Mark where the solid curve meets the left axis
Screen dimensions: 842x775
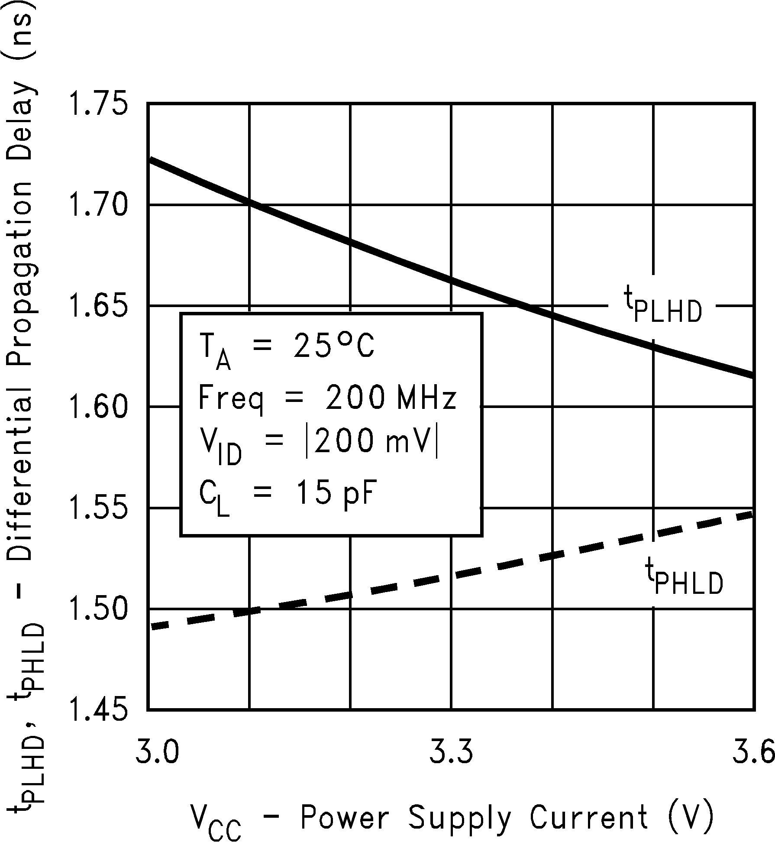coord(149,159)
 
